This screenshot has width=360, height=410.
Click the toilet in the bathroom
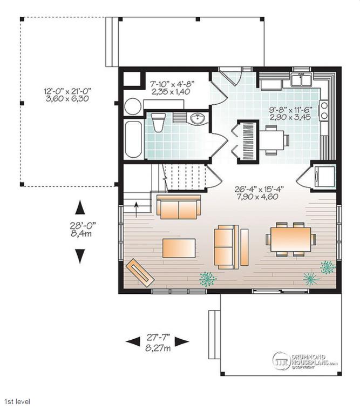click(159, 123)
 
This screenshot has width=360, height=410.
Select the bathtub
click(133, 139)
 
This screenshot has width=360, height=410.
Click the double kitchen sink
click(301, 79)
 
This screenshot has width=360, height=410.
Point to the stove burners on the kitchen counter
click(324, 110)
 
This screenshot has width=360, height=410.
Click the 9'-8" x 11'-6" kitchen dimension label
click(290, 113)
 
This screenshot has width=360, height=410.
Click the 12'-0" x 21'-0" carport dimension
click(67, 95)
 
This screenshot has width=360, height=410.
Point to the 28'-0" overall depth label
click(81, 229)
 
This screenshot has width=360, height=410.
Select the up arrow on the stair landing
click(136, 209)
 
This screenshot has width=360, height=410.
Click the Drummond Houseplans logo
click(305, 361)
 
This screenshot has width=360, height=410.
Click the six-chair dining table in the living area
click(291, 239)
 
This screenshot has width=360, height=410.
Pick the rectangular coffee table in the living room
click(179, 248)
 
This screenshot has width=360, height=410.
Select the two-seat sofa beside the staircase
click(179, 207)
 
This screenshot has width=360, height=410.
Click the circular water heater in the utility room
click(133, 106)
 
